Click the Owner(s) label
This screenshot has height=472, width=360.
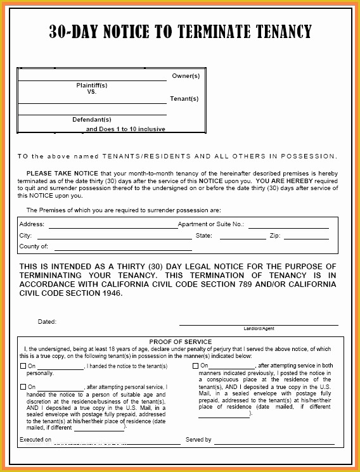[186, 76]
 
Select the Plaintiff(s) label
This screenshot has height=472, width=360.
[92, 85]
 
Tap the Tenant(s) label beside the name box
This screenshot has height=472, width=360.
[184, 99]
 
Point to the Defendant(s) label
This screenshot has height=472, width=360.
[92, 119]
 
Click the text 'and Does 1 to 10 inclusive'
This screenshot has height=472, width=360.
[125, 129]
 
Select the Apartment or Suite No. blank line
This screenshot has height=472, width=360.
[288, 226]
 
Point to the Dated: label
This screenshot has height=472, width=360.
[47, 322]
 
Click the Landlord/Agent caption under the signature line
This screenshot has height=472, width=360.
[259, 329]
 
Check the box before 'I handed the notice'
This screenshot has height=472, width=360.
[23, 366]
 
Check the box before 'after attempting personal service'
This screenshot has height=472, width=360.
[23, 386]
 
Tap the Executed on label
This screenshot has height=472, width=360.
[35, 440]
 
